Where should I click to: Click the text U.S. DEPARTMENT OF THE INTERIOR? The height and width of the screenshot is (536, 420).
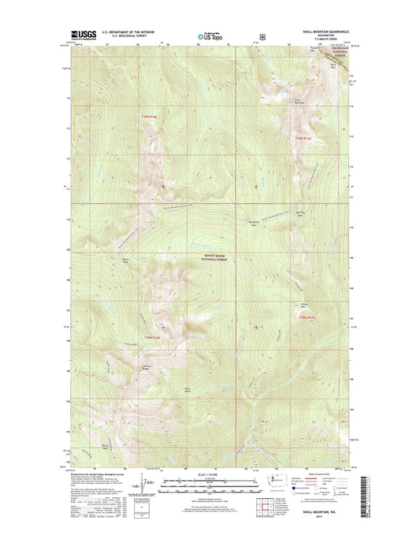tap(124, 32)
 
